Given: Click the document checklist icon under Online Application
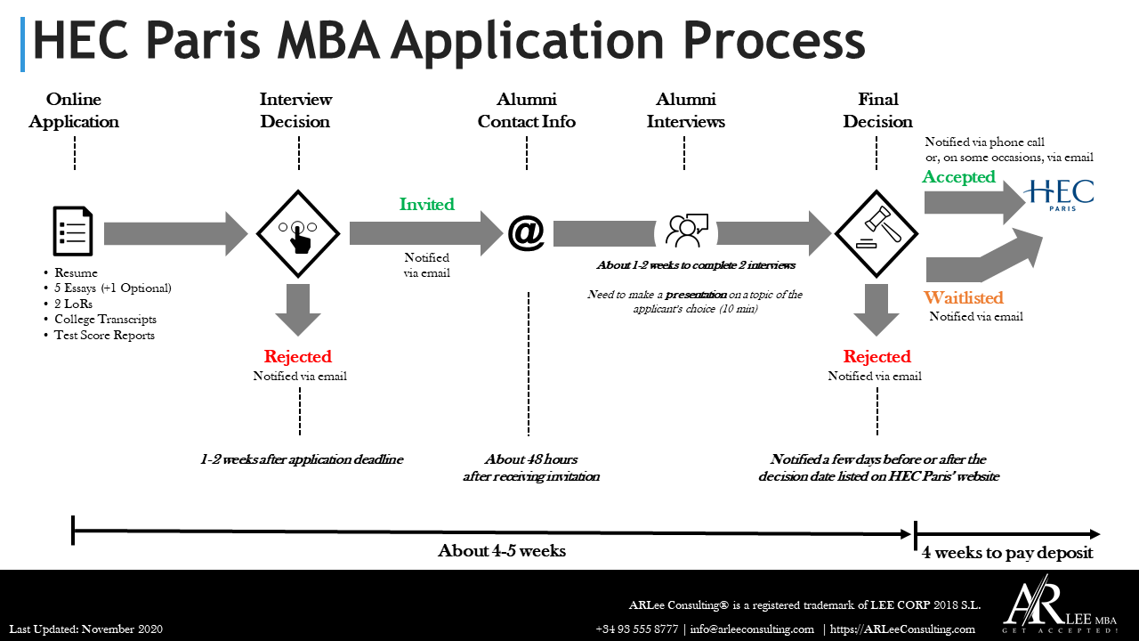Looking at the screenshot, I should [x=74, y=232].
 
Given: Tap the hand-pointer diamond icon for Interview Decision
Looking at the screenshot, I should [x=298, y=233].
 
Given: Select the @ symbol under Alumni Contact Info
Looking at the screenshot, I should [x=526, y=233].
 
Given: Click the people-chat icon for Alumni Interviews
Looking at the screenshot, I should [x=685, y=231].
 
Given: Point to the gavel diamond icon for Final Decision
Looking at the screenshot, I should [x=876, y=233].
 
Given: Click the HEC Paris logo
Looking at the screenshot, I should [x=1059, y=192].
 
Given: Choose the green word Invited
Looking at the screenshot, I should [x=426, y=204].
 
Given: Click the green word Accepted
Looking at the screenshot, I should [x=958, y=177].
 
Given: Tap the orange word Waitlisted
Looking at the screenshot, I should [x=963, y=297].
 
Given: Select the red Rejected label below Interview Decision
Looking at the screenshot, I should [x=297, y=356].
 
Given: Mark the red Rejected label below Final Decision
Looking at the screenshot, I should [x=876, y=356].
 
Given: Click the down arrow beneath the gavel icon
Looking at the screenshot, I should [x=876, y=309].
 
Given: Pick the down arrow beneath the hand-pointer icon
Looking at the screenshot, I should [x=298, y=309].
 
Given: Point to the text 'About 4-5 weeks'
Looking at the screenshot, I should [x=501, y=550].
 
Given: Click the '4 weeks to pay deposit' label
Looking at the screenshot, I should [x=1007, y=553].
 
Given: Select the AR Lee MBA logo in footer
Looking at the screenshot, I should [x=1059, y=605].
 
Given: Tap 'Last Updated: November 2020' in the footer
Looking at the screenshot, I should [x=86, y=629].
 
